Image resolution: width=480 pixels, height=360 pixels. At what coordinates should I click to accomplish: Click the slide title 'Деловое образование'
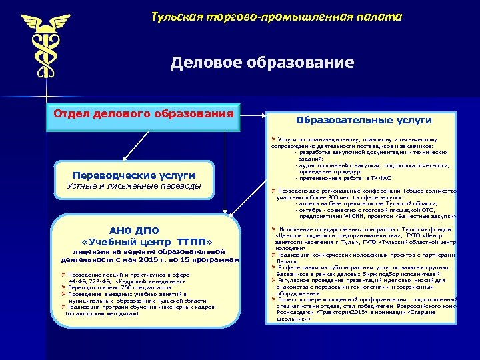[262, 63]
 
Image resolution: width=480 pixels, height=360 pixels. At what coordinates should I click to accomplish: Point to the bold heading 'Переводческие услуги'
[135, 175]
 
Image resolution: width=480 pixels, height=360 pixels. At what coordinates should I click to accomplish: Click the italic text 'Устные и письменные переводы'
[134, 185]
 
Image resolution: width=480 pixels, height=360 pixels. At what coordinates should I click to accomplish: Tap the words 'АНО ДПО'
[129, 231]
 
